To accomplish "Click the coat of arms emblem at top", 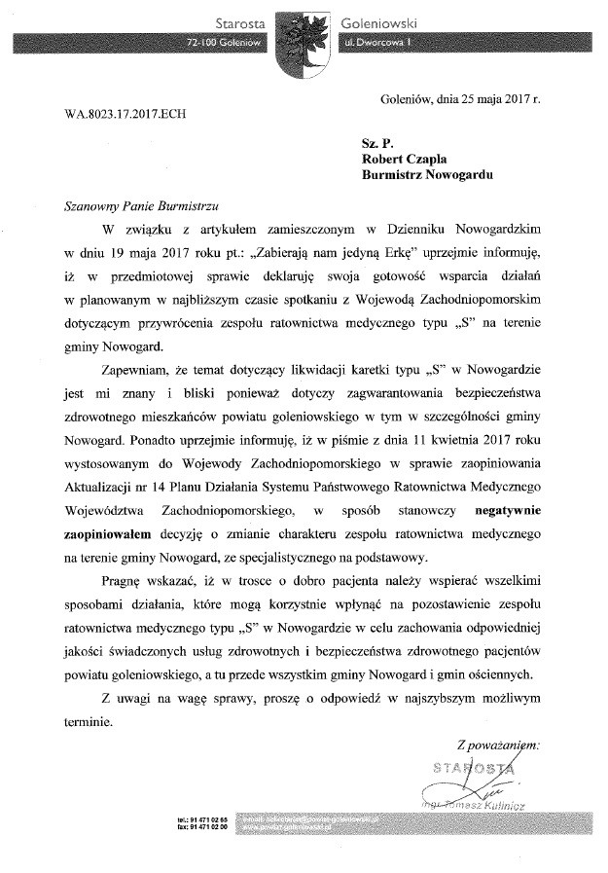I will click(303, 41).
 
